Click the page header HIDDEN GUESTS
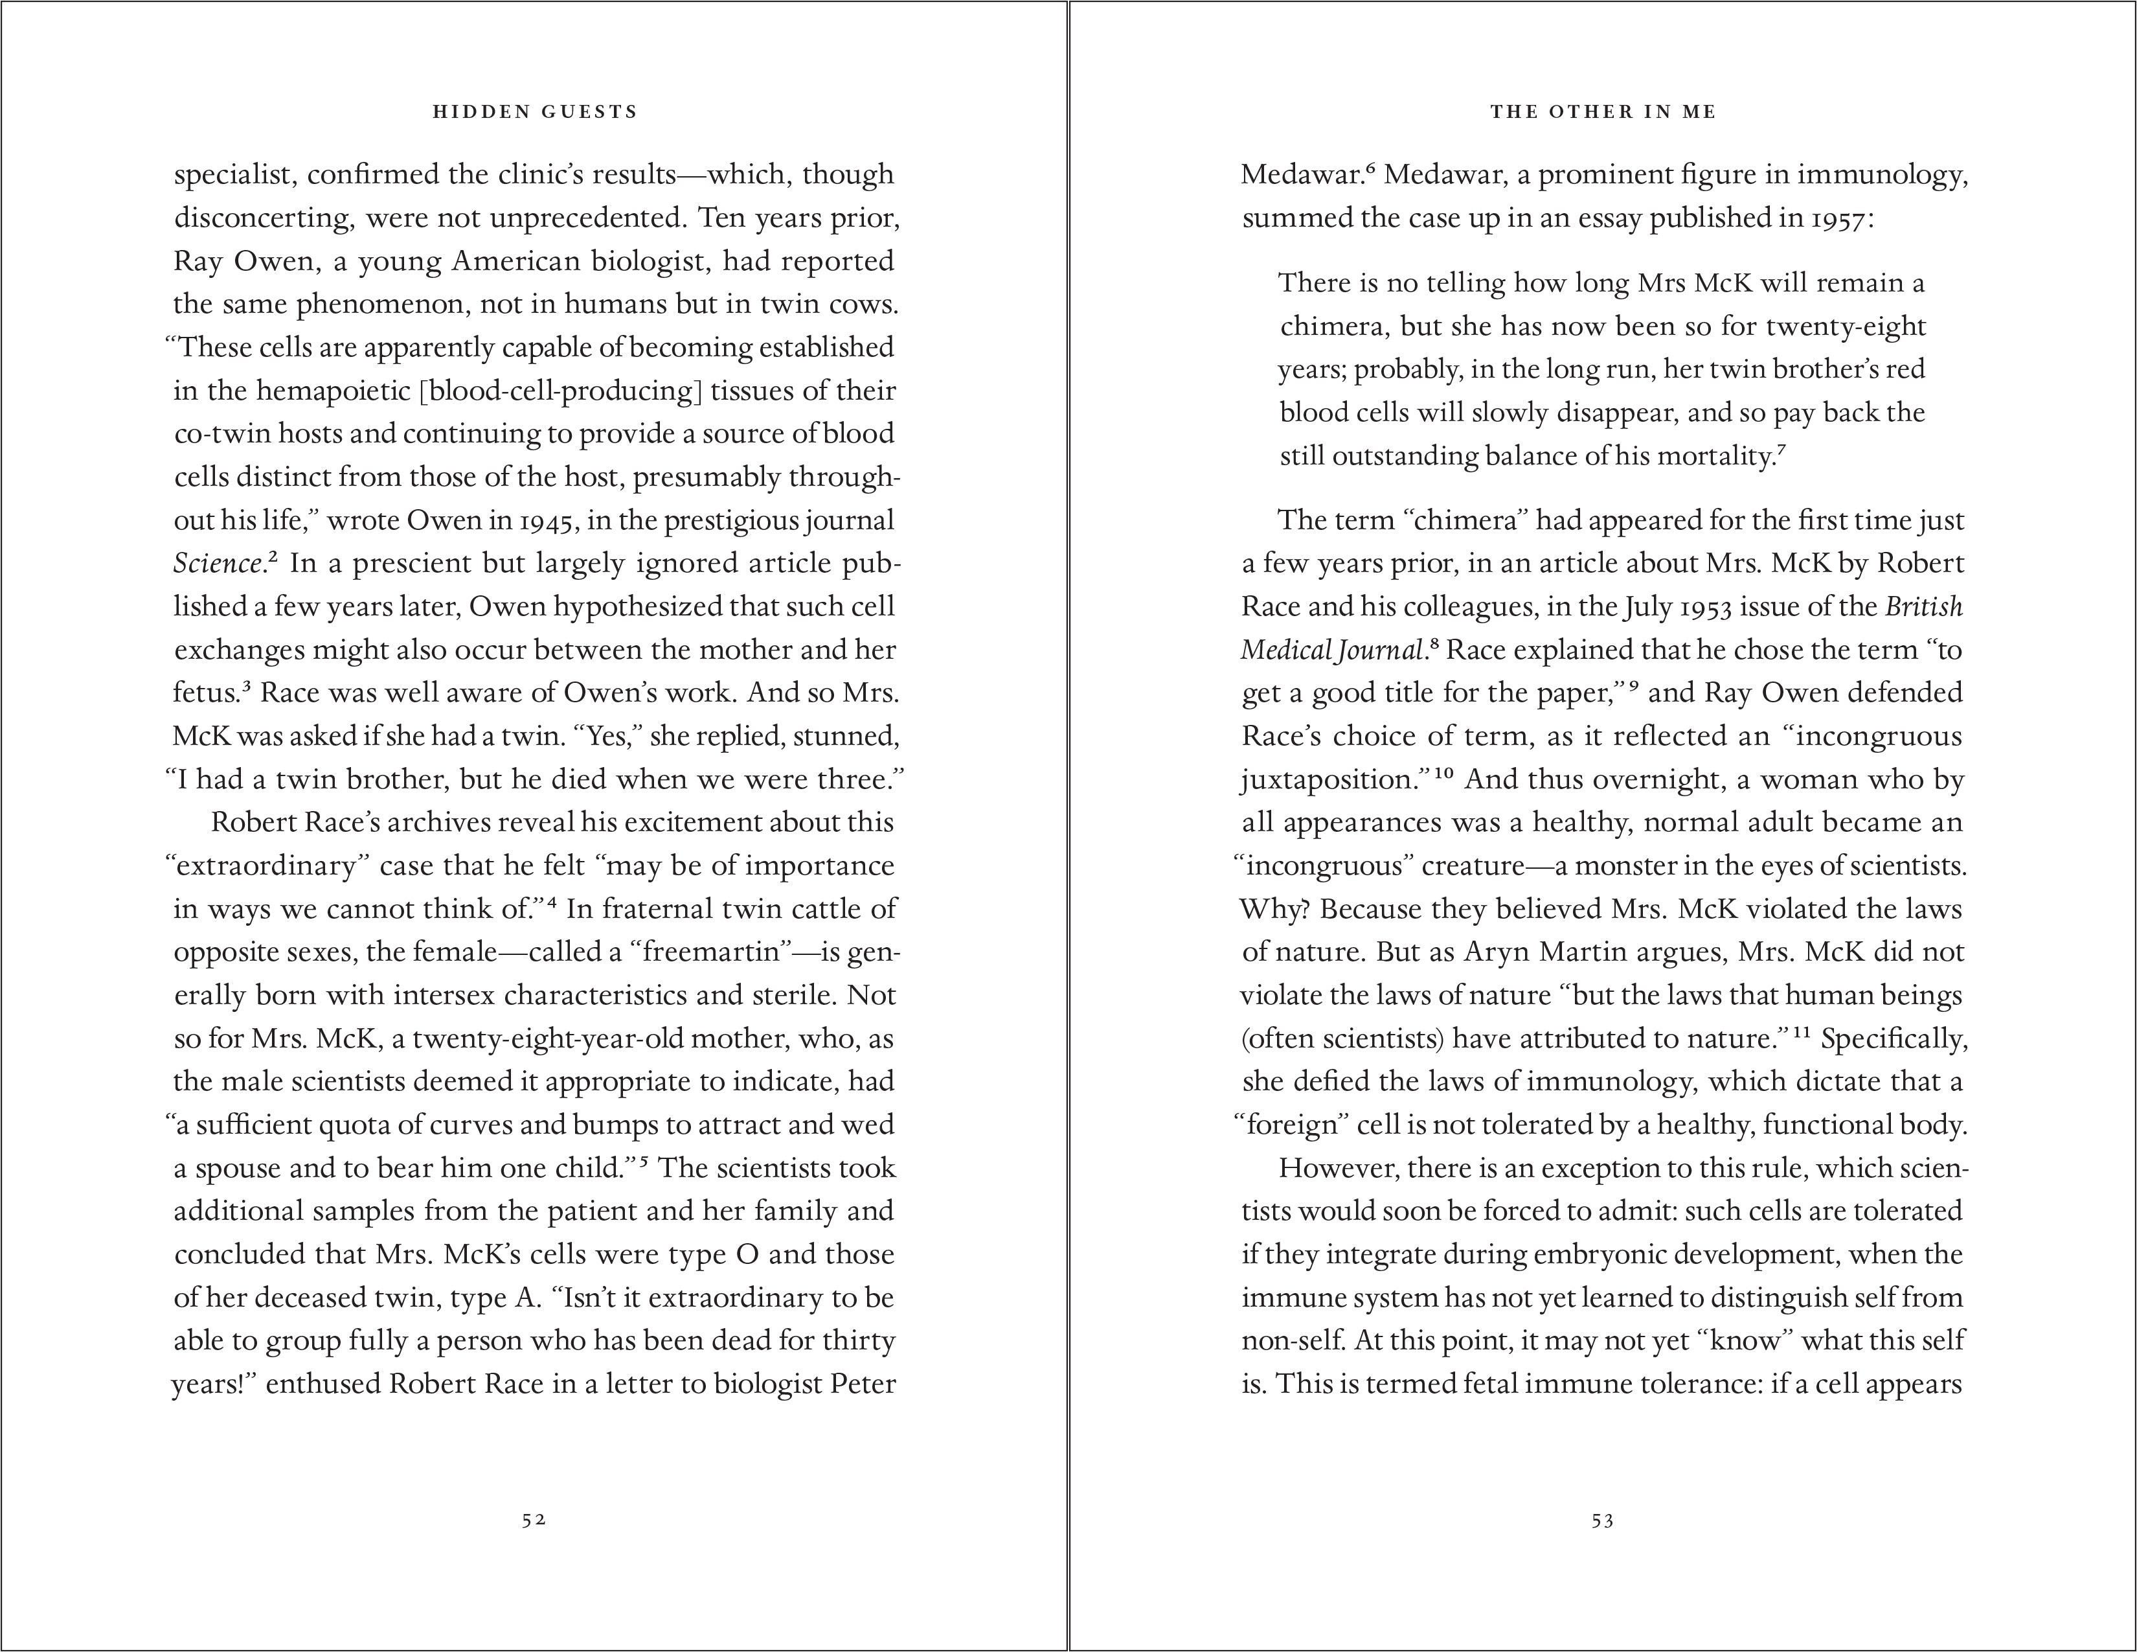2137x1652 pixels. click(534, 111)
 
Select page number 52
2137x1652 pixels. click(533, 1520)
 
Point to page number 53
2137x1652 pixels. click(1601, 1520)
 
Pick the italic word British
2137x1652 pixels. click(1924, 607)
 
